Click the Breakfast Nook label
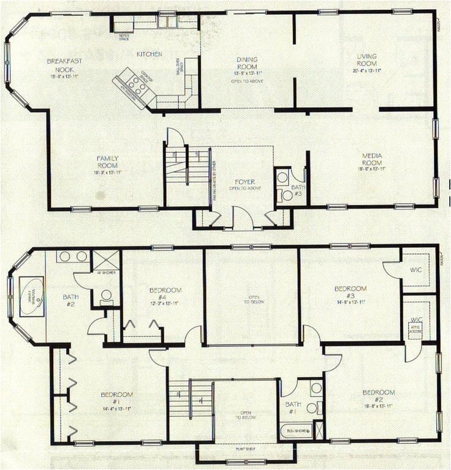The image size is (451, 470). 64,65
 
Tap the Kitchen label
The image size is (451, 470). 149,54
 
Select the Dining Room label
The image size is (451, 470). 247,64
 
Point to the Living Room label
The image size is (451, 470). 366,61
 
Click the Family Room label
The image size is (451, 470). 107,162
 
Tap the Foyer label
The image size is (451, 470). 244,182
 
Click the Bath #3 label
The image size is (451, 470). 297,190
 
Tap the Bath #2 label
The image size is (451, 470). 70,300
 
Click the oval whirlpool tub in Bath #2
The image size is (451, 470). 31,296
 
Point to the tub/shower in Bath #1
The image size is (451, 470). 296,430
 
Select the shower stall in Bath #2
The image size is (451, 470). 105,259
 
